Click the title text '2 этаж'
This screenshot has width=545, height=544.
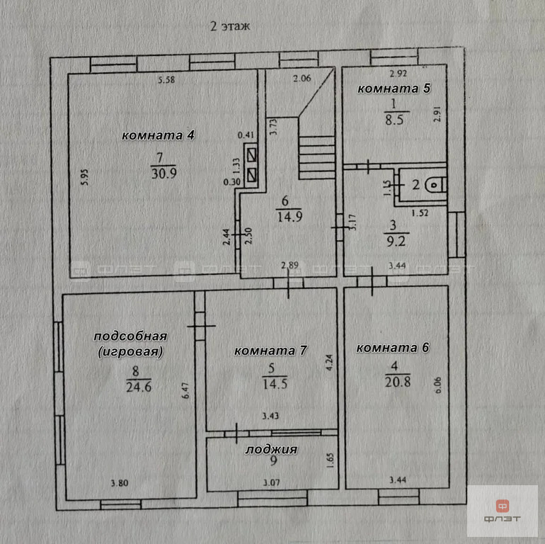coord(230,26)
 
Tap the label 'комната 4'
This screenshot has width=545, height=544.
coord(158,135)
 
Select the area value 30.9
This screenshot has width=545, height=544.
coord(163,174)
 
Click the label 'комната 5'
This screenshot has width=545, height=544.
coord(394,89)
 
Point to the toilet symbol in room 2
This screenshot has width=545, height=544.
coord(435,185)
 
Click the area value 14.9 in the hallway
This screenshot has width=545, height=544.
coord(289,217)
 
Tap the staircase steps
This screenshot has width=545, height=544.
coord(316,157)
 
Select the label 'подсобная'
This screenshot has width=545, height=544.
coord(131,336)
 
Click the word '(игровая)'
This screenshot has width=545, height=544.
coord(131,351)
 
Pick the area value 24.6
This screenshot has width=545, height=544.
coord(139,387)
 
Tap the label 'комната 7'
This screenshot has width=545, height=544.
coord(271,351)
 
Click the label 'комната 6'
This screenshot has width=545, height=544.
coord(393,348)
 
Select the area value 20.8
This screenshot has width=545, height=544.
coord(397,382)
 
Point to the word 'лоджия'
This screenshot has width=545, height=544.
coord(272,450)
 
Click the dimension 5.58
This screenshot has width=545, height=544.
coord(166,79)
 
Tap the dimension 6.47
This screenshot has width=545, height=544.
coord(186,390)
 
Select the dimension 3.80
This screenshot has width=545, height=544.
coord(120,483)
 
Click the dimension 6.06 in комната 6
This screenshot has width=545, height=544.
coord(438,385)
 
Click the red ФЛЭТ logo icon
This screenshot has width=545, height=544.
coord(503,506)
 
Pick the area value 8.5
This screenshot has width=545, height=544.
coord(394,120)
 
